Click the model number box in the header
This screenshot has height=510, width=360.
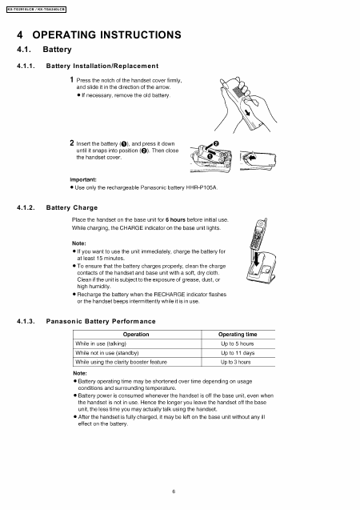tap(36, 9)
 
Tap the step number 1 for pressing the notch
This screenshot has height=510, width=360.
tap(73, 81)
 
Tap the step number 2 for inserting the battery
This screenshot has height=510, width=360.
tap(73, 143)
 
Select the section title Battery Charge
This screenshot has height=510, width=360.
tap(77, 207)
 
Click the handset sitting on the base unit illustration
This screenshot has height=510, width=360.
tap(260, 248)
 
